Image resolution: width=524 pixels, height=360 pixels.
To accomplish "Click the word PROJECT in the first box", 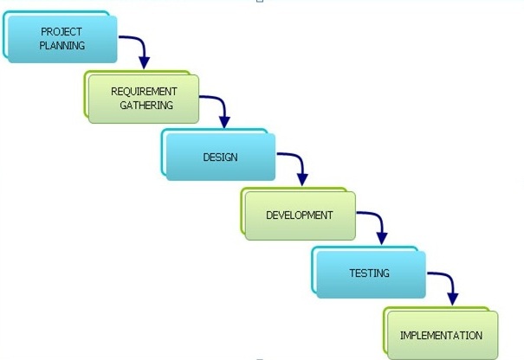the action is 61,32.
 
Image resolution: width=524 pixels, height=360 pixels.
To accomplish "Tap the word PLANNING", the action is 62,45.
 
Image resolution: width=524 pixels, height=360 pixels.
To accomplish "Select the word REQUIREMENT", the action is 144,92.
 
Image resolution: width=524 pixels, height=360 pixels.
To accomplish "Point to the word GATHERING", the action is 146,106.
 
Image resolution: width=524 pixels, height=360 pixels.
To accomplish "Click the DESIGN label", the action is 221,157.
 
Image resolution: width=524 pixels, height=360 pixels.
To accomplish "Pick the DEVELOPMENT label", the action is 300,215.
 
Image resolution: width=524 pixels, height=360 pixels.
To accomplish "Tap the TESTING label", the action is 369,273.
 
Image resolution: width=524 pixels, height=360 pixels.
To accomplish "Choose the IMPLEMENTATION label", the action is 441,335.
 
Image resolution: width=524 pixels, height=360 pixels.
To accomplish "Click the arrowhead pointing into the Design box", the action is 224,122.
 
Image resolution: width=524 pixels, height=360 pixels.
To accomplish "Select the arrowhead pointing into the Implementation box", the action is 453,299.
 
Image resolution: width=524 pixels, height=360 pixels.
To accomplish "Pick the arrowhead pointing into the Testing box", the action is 382,239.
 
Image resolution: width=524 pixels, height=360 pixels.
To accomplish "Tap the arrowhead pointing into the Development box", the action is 302,180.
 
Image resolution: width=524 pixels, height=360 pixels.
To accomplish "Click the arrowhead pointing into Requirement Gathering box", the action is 145,63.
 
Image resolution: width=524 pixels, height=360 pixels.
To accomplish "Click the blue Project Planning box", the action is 60,36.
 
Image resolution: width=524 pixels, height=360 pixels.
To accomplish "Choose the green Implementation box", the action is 441,333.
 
